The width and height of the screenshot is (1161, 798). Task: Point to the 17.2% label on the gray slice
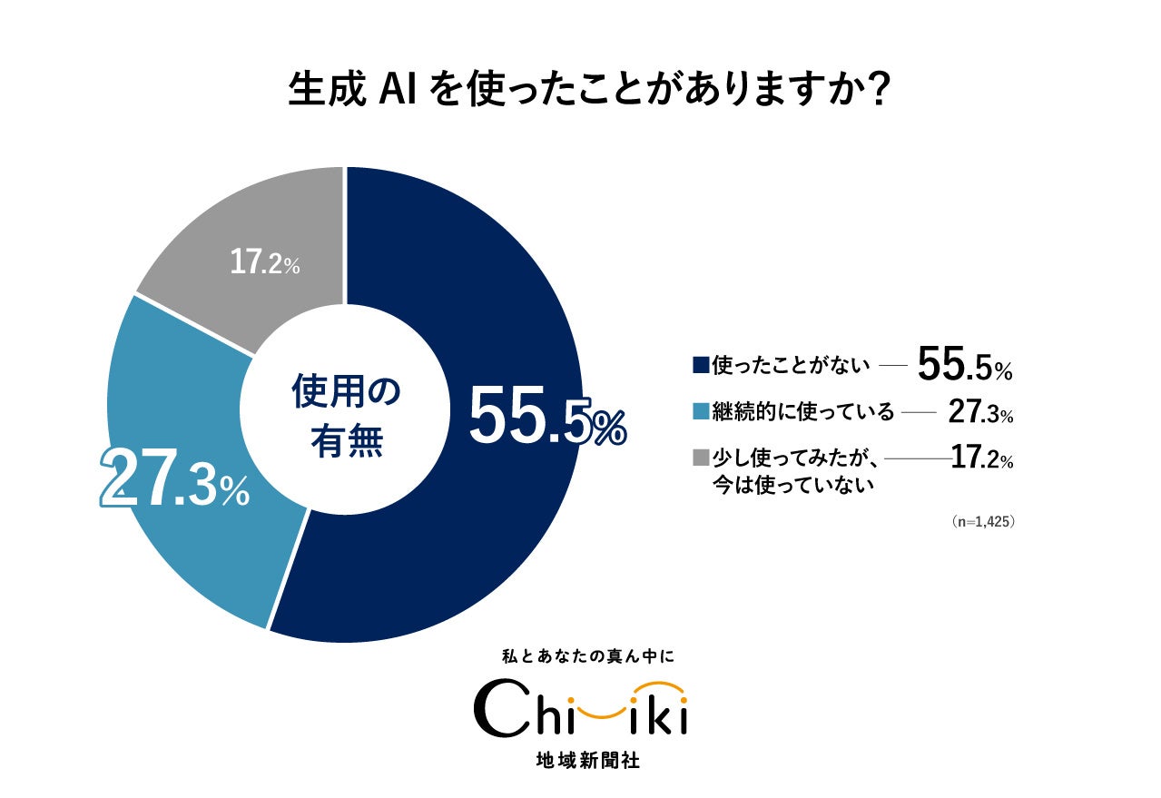coord(264,263)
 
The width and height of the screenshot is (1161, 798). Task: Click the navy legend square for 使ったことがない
coord(700,365)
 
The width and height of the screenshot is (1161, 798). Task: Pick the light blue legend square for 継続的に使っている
coord(700,412)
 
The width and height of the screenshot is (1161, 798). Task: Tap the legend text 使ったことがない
coord(792,365)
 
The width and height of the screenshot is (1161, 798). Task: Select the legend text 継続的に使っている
coord(803,412)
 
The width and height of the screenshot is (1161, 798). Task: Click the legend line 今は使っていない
coord(793,485)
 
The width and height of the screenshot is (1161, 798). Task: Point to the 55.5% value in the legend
coord(964,365)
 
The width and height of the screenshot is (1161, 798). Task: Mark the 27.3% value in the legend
coord(979,412)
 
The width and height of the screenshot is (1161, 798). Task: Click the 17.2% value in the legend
coord(981,459)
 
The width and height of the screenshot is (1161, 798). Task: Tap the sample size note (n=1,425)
coord(982,522)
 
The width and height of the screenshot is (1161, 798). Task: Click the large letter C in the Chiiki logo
coord(497,709)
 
